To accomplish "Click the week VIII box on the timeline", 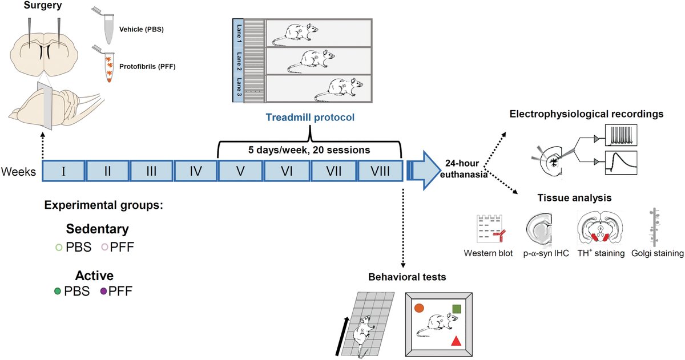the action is click(380, 171).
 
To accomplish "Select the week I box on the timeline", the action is click(63, 171).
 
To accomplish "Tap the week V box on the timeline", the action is click(240, 171).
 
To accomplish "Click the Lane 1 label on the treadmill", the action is click(239, 33).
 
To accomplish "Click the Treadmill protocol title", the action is click(310, 118).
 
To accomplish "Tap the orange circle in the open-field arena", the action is click(419, 308).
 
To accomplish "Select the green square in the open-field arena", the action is click(457, 309).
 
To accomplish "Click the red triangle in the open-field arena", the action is click(456, 341).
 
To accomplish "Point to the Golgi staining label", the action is click(658, 253).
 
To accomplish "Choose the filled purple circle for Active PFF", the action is click(104, 291).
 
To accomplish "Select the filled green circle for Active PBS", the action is click(58, 291).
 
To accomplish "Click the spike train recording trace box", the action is click(621, 135).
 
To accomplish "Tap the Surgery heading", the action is click(43, 5).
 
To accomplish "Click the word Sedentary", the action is click(97, 229).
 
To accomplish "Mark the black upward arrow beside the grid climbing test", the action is click(342, 336).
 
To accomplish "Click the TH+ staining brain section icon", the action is click(601, 228).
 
